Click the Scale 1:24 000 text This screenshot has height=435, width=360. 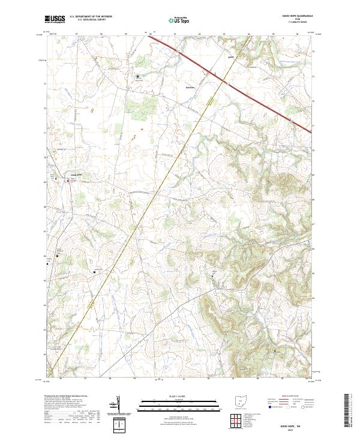click(x=164, y=396)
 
